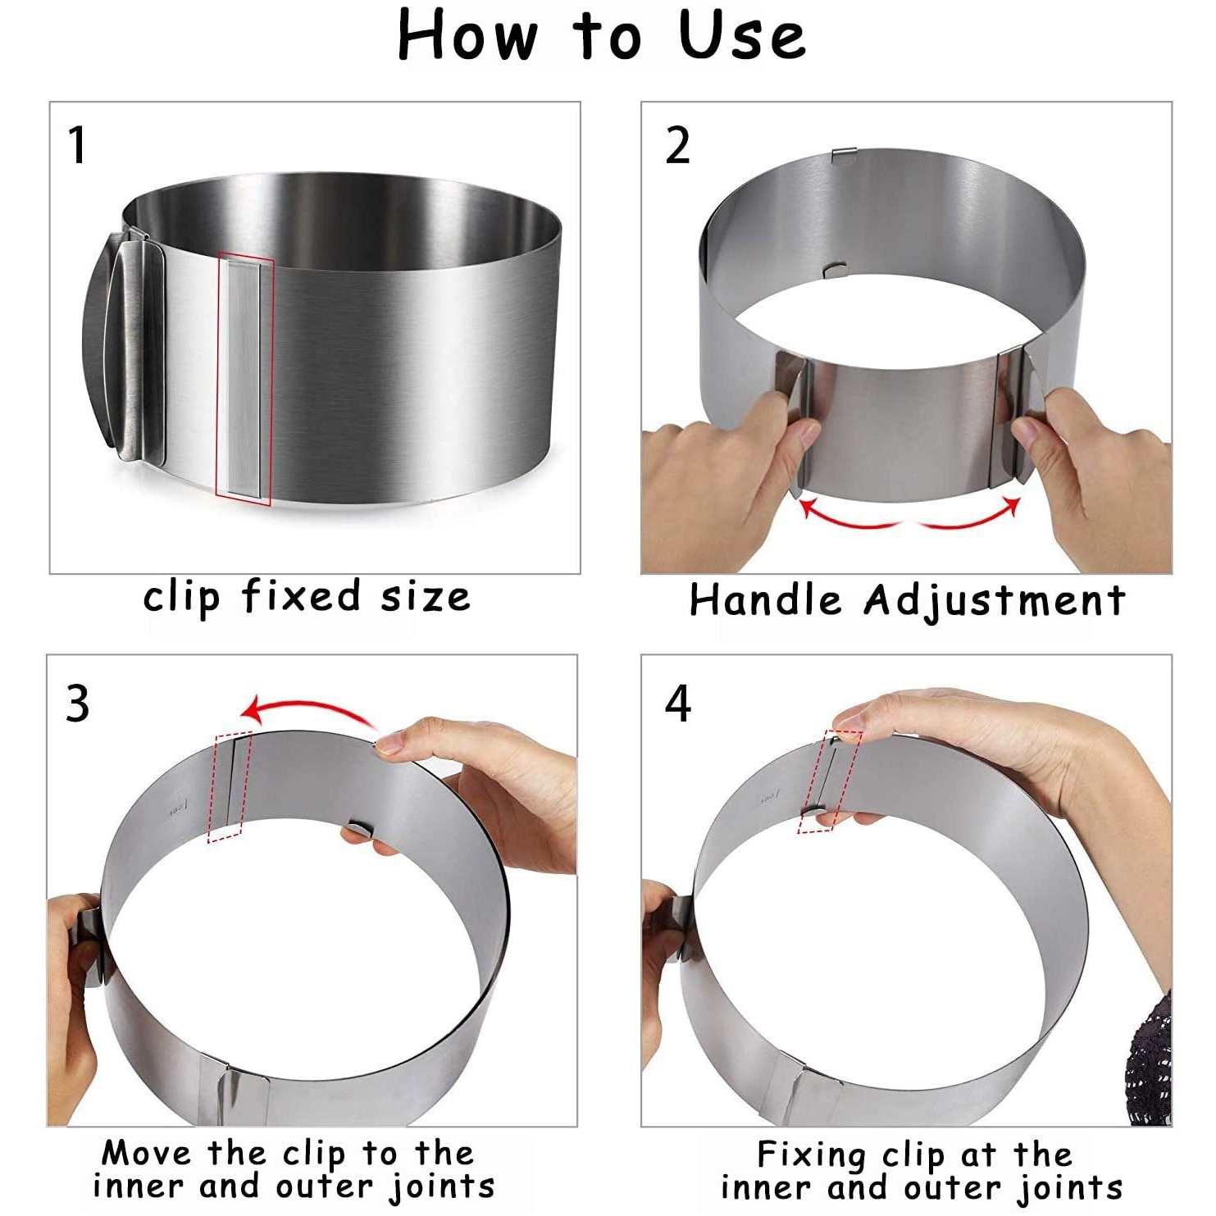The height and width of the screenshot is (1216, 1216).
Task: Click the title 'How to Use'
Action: [601, 36]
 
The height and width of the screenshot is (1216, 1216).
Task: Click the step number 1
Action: [77, 145]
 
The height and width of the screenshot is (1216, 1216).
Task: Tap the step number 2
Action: [677, 147]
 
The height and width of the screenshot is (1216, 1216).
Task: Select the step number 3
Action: [78, 704]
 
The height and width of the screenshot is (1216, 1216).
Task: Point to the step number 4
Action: [678, 704]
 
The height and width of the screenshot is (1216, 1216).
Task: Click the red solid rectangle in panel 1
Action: [244, 379]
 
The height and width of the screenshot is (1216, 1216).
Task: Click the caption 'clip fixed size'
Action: [307, 597]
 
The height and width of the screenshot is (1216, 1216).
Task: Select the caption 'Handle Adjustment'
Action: [906, 599]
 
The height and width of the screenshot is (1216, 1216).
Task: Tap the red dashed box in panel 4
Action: [830, 781]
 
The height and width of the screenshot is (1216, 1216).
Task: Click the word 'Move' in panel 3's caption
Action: [146, 1153]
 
